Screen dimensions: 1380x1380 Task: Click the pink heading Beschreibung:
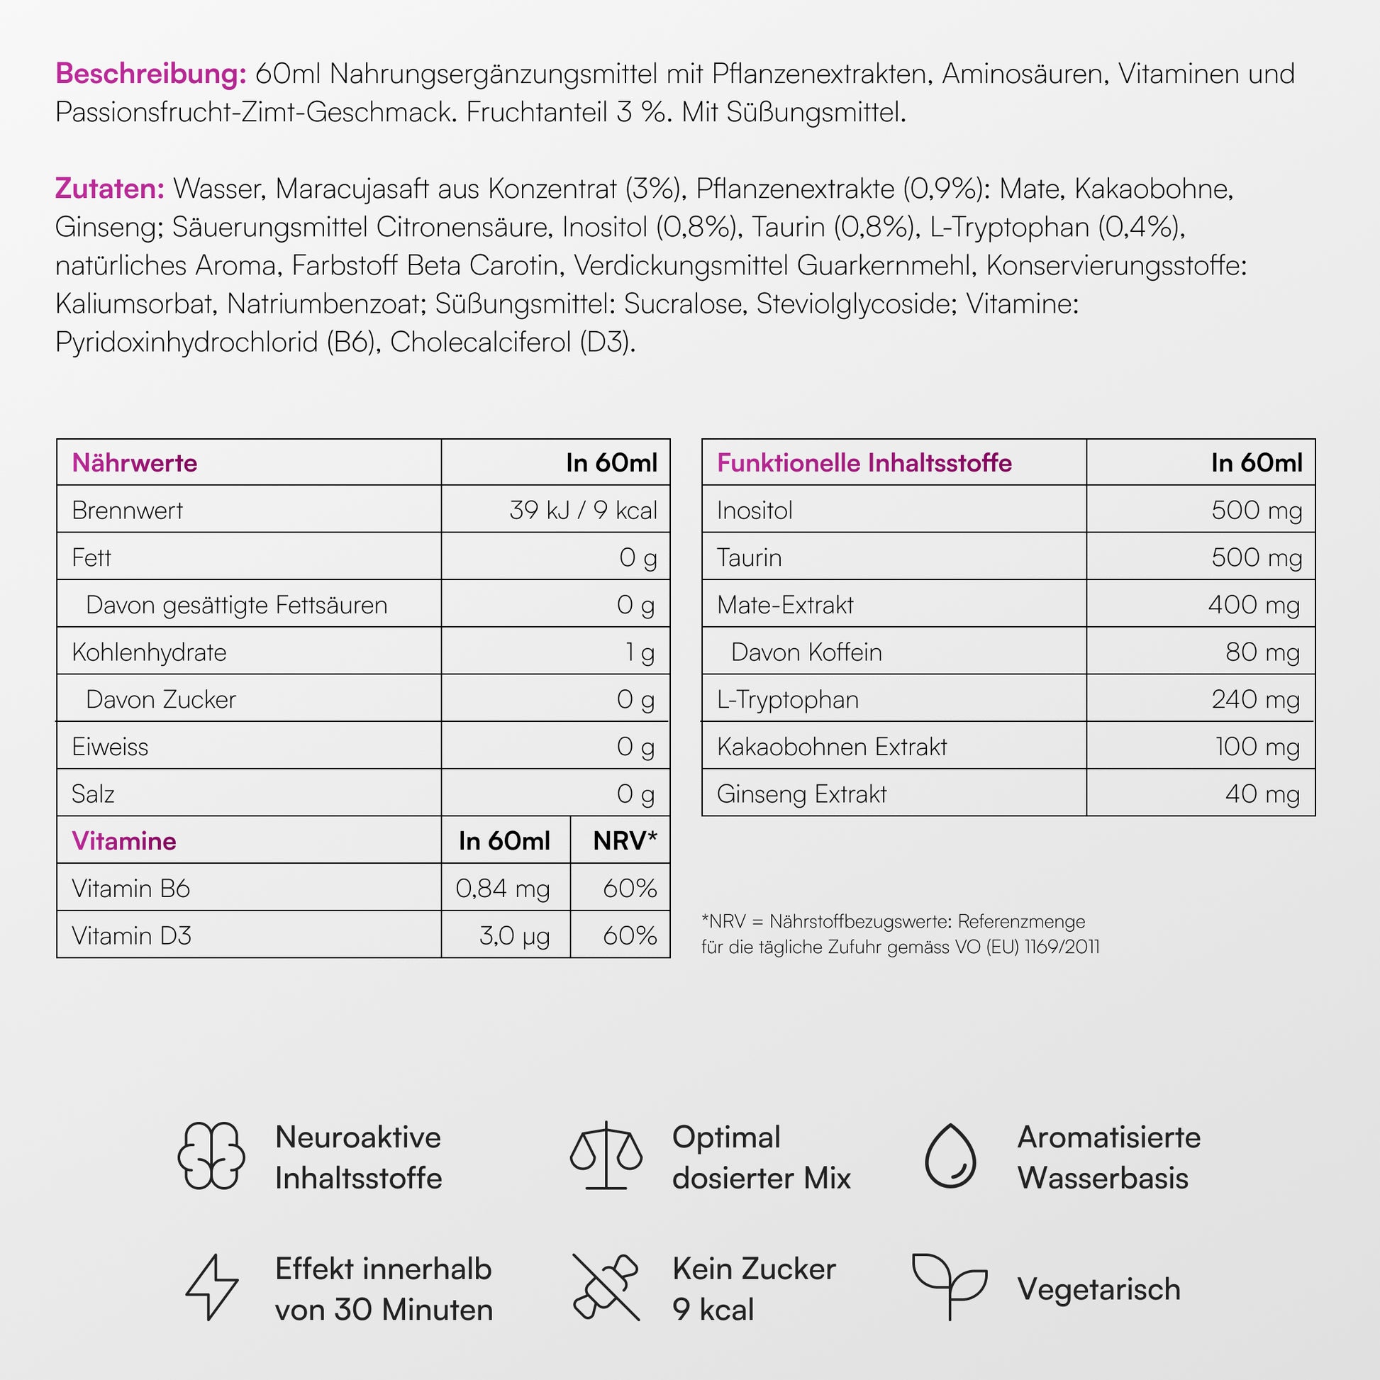151,74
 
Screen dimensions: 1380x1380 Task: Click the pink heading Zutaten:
110,189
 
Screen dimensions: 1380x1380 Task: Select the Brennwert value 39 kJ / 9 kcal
583,510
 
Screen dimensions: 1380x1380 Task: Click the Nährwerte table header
134,463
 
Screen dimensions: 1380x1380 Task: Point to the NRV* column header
624,841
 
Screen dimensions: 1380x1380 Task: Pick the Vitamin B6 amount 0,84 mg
503,889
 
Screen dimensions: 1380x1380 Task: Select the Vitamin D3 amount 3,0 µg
514,935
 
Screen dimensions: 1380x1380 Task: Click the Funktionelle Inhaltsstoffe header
864,463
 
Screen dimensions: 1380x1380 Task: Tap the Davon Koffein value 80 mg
1262,652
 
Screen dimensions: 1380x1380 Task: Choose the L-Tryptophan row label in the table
788,699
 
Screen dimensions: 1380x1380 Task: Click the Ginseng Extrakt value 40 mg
1262,794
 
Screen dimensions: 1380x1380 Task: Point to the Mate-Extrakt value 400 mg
1254,605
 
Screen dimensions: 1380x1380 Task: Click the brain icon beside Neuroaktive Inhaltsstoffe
211,1155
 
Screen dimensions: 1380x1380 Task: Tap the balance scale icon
606,1155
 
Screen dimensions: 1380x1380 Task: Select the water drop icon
950,1156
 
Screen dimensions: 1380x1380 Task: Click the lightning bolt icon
212,1287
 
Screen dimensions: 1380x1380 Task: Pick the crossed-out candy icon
605,1287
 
